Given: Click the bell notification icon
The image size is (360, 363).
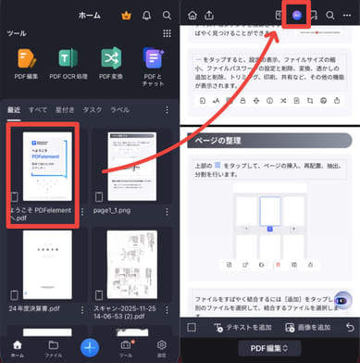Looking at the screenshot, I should point(144,15).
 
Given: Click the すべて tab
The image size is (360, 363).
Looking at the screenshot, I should point(37,108).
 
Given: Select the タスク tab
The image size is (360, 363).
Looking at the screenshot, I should point(93,108).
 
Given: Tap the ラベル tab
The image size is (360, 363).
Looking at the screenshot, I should point(120,108).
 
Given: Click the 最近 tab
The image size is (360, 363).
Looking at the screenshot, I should point(13,108).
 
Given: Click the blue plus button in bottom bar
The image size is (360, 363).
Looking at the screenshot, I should point(90,347).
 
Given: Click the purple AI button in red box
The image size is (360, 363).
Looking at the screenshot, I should point(296,16).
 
